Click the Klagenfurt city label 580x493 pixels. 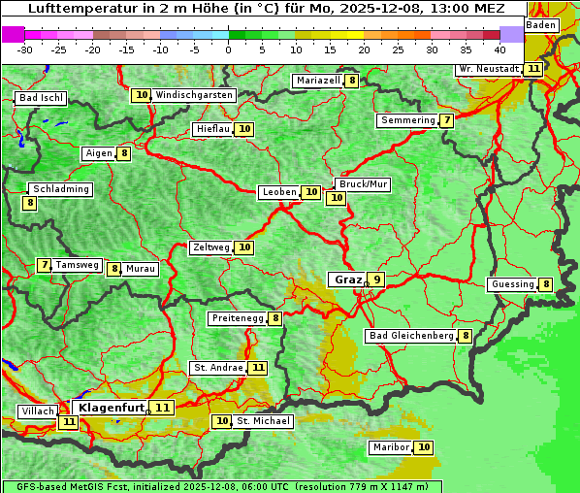pos(112,408)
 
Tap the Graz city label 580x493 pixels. pos(347,279)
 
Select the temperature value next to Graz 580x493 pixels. pos(376,279)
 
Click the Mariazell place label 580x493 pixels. pos(319,81)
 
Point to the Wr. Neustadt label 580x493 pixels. pos(489,69)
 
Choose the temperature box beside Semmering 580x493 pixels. pos(446,120)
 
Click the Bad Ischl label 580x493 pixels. pos(41,98)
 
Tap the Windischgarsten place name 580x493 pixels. pos(194,95)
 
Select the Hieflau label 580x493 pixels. pos(212,129)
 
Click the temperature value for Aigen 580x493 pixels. pos(124,153)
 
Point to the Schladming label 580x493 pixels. pos(60,189)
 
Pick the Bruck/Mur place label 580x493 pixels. pos(363,184)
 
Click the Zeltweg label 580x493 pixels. pos(211,247)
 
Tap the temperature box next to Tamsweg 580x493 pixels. pos(44,265)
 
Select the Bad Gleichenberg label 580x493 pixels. pos(411,336)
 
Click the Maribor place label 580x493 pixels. pos(391,447)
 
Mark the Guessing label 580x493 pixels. pos(512,284)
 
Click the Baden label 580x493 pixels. pos(542,25)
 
